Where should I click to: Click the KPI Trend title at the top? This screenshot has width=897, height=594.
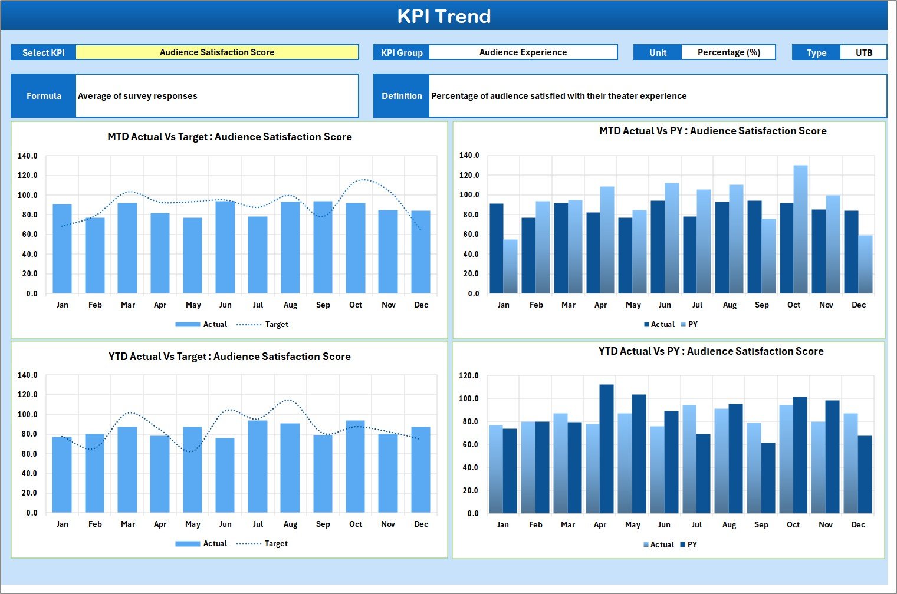point(443,16)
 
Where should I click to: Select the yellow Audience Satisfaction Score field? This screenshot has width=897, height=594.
point(217,52)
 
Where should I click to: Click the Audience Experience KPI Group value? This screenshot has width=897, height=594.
point(523,52)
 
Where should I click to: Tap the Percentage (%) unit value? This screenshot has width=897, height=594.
point(728,52)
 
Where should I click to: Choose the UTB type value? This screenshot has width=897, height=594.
point(863,53)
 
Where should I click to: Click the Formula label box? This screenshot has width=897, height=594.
point(44,96)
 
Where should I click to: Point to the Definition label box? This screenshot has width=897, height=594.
point(402,96)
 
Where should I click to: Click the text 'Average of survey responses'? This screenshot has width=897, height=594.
point(138,96)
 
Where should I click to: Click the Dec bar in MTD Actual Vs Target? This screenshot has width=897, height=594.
point(420,252)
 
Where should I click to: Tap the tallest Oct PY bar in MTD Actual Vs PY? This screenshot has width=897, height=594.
point(800,230)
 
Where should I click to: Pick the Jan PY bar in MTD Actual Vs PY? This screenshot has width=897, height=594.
point(510,266)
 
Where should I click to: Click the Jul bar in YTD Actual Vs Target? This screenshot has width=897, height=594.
point(258,467)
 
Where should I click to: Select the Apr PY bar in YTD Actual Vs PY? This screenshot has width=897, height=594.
point(606,449)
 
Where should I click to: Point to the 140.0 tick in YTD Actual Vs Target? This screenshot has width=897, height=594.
point(28,375)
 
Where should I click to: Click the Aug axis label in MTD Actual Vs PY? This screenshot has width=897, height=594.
point(730,305)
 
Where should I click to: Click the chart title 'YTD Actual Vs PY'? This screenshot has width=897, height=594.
point(711,352)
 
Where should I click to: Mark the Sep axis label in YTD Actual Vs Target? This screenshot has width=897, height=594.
point(323,524)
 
